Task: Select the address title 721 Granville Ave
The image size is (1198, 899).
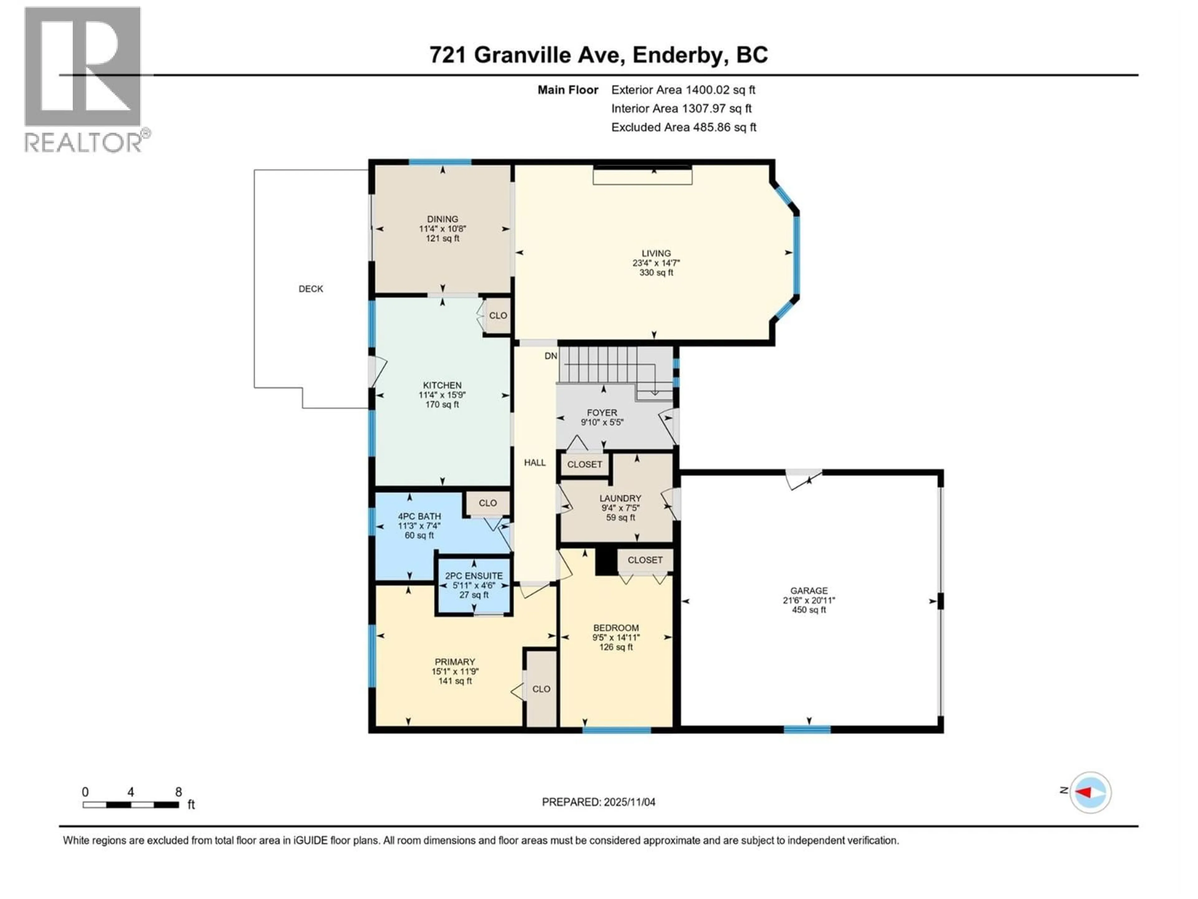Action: [598, 55]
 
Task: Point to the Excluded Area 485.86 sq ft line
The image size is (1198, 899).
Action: [684, 127]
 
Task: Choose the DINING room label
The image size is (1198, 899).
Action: [442, 219]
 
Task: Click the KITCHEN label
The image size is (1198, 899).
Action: [442, 385]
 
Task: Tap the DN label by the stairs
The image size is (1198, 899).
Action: [550, 356]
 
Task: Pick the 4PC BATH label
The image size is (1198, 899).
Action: [419, 516]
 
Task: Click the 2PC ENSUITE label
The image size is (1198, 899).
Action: [474, 576]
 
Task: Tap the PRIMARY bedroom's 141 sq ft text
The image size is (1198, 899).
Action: [455, 681]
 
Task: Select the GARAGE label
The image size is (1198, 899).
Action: [809, 591]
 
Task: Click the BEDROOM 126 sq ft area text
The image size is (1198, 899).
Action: [616, 647]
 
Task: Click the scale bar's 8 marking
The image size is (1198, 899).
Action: [178, 792]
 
